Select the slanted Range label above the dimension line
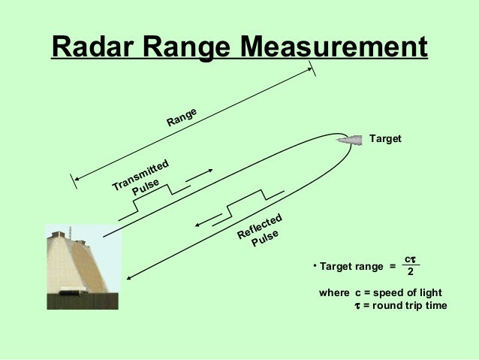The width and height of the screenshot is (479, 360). coord(182,117)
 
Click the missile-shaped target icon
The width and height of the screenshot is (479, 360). coord(349,139)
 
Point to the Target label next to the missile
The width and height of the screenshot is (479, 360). coord(387,140)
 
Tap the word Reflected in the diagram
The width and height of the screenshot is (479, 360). coord(260,226)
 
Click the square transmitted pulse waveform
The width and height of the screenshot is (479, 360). coord(154,198)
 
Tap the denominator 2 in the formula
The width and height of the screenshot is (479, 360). coord(410,273)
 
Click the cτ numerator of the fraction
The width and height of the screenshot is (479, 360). coord(410,259)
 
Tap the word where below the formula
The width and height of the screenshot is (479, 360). coord(335,292)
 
